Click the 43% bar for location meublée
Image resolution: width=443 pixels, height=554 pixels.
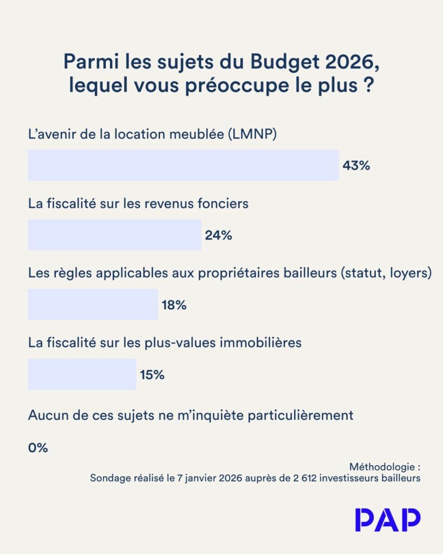pyautogui.click(x=183, y=165)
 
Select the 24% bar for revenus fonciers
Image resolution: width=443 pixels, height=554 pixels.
pyautogui.click(x=115, y=235)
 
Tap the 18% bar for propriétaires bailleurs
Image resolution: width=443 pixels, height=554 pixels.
pyautogui.click(x=92, y=305)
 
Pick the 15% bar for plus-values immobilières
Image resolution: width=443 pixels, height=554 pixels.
pyautogui.click(x=82, y=374)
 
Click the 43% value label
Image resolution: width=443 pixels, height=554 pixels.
pyautogui.click(x=356, y=166)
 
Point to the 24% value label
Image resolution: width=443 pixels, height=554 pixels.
pyautogui.click(x=219, y=235)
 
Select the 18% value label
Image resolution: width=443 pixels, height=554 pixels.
pyautogui.click(x=174, y=305)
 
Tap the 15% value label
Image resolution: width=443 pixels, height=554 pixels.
pyautogui.click(x=152, y=374)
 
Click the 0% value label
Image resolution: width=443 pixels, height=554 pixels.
pyautogui.click(x=38, y=448)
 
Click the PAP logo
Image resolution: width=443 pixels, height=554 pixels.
pyautogui.click(x=388, y=520)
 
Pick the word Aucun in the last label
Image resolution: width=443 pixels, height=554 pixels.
pyautogui.click(x=46, y=415)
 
